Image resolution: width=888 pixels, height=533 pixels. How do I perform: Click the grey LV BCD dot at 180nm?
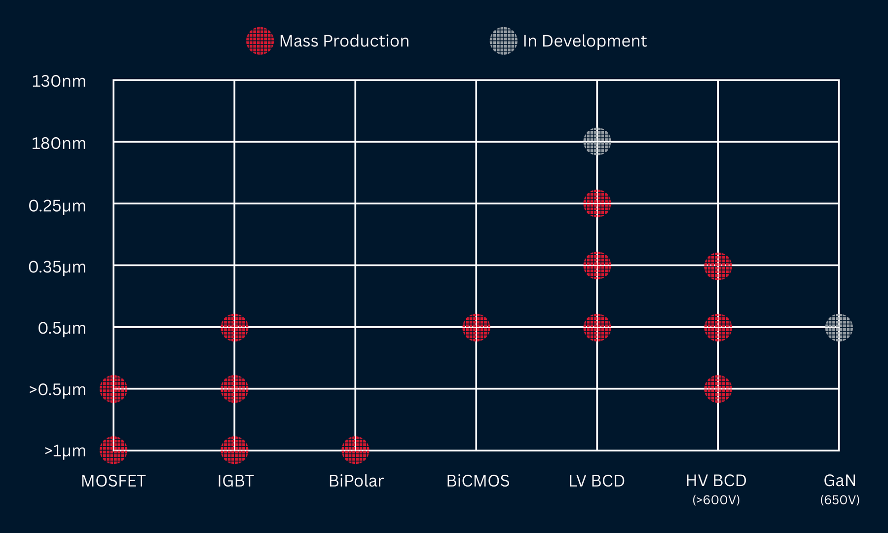pos(597,142)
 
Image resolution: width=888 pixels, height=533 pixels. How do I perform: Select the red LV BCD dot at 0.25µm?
pos(597,203)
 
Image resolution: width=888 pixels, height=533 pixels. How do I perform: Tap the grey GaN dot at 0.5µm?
pos(839,327)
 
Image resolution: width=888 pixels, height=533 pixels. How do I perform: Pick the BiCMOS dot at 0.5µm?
pos(476,327)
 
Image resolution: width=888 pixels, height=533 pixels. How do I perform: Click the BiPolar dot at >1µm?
pos(355,450)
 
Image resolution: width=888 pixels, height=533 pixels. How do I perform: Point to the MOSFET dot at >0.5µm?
pos(113,389)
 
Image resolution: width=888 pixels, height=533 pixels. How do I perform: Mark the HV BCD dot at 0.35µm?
pos(718,266)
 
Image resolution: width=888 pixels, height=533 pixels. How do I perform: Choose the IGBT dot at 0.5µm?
pos(234,327)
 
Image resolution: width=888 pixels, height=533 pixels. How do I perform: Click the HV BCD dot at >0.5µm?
pos(718,389)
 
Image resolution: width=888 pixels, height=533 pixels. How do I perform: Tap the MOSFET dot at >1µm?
pos(113,450)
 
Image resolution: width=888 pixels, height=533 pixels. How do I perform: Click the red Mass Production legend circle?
pos(260,41)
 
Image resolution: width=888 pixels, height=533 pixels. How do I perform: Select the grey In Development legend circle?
pos(503,41)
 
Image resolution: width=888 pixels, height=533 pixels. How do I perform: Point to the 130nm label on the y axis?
pos(59,81)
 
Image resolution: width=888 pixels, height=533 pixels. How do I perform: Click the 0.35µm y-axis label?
pos(57,267)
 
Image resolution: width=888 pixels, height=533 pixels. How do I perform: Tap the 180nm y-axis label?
pos(59,144)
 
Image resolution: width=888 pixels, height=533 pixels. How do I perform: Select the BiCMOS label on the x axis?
pos(478,481)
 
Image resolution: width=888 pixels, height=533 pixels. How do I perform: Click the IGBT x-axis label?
pos(235,481)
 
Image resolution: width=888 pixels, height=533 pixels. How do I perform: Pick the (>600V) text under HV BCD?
pos(716,500)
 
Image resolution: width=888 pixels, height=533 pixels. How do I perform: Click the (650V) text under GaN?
pos(840,500)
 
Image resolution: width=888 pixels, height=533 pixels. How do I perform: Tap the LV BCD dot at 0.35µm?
pos(597,266)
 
